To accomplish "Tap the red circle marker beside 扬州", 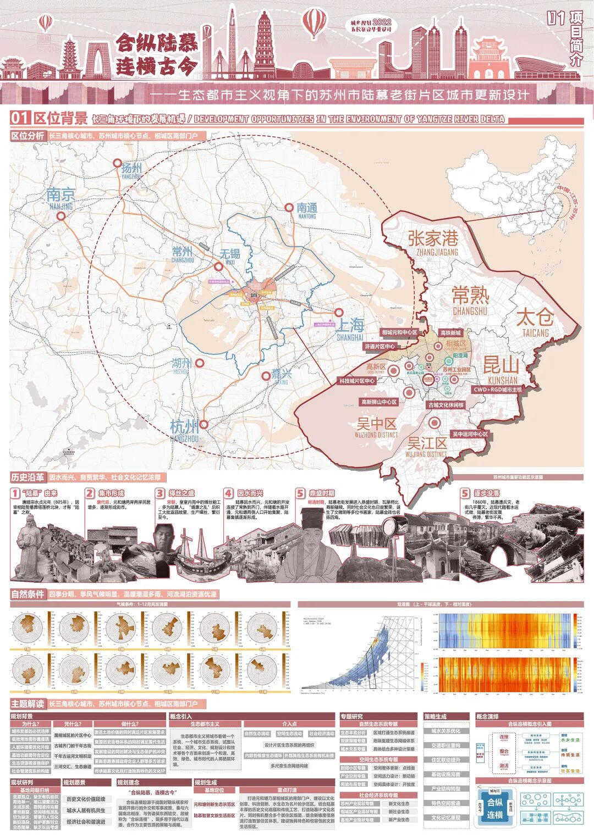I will pyautogui.click(x=117, y=163).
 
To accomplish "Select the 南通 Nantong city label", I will pyautogui.click(x=307, y=209).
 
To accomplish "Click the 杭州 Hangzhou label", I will pyautogui.click(x=184, y=429).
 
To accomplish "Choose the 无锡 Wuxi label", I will pyautogui.click(x=230, y=255).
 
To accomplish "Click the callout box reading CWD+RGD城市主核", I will pyautogui.click(x=498, y=390).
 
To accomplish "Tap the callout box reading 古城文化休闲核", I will pyautogui.click(x=446, y=405).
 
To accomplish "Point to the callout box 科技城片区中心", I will pyautogui.click(x=357, y=381).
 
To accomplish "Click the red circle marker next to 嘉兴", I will pyautogui.click(x=266, y=376).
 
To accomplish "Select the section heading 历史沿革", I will pyautogui.click(x=28, y=477).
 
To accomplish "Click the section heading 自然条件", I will pyautogui.click(x=28, y=594).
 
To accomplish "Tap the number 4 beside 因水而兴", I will pyautogui.click(x=229, y=493).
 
